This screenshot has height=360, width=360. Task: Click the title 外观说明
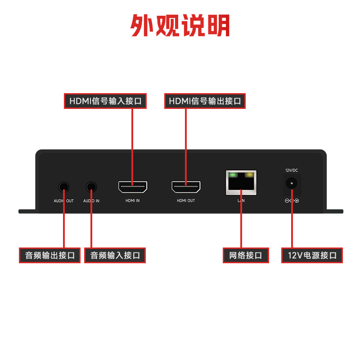click(x=180, y=26)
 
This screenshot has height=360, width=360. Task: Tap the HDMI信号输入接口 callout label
click(x=105, y=101)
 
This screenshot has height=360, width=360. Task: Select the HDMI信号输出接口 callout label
click(x=205, y=101)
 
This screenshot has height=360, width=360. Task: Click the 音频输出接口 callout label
click(x=49, y=255)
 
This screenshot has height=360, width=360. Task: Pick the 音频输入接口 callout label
click(x=115, y=255)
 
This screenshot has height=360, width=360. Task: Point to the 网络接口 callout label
click(x=246, y=255)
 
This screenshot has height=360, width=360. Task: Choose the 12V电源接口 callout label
click(x=312, y=255)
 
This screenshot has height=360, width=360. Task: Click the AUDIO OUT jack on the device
click(x=64, y=186)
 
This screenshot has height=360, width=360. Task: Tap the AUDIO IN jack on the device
click(x=91, y=186)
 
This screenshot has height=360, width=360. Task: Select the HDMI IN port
click(x=132, y=186)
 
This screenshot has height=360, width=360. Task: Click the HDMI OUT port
click(x=186, y=186)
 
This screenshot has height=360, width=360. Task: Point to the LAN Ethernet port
click(x=241, y=183)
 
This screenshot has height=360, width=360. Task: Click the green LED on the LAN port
click(x=233, y=175)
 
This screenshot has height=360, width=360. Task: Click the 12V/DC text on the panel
click(x=292, y=170)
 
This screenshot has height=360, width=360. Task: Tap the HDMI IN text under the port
click(x=132, y=201)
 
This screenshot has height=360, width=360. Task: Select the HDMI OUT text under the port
click(x=186, y=201)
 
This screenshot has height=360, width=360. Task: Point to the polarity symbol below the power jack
click(x=292, y=201)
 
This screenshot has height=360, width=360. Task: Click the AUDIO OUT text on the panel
click(x=64, y=201)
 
